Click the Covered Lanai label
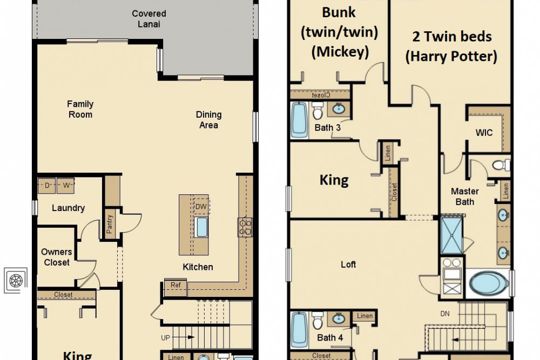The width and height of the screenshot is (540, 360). point(149,18)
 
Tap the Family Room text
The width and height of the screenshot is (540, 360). point(80,109)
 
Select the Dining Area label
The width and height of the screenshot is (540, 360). point(208,120)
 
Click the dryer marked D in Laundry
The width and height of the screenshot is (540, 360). point(47,186)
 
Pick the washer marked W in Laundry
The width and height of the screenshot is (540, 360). point(66,186)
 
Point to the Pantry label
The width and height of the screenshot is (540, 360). point(110,224)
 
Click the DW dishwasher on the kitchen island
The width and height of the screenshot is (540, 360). point(201,207)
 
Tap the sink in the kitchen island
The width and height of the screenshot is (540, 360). point(201,227)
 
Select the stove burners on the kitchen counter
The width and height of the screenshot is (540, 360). point(245,227)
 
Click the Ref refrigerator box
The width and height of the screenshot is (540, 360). point(175,288)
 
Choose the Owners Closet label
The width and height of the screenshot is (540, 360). point(57,257)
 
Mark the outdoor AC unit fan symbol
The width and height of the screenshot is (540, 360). point(16,281)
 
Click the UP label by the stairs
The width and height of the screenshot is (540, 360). point(165,338)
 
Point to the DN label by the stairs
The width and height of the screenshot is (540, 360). point(445,314)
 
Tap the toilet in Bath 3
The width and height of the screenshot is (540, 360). point(318,110)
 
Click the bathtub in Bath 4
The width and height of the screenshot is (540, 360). point(299,330)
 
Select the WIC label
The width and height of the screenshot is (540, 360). point(484,133)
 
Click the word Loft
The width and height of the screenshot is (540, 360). point(348,264)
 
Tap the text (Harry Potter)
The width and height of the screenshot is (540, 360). point(451,56)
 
